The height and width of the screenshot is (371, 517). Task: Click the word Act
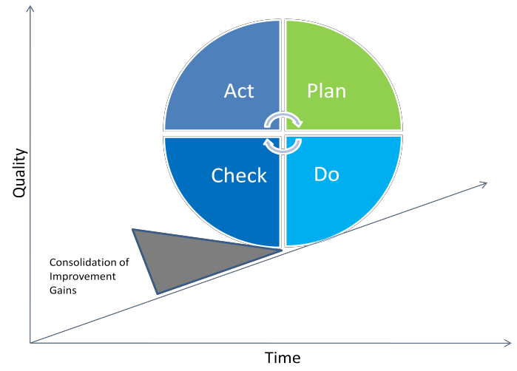click(239, 91)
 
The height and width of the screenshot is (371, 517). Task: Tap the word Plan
click(326, 91)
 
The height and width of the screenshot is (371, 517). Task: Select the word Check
click(239, 176)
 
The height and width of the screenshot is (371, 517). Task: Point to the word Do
click(326, 174)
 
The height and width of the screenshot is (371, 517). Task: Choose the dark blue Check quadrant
click(222, 207)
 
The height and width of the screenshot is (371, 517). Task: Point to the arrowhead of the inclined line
click(484, 183)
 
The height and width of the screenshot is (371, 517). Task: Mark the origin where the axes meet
click(30, 343)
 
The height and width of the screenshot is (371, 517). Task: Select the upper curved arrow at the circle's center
click(284, 118)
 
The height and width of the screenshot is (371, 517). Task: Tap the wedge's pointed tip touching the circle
click(280, 250)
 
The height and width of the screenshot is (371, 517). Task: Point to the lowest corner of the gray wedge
click(158, 292)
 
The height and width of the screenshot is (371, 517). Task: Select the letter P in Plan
click(311, 91)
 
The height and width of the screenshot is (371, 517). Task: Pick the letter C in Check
click(217, 176)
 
